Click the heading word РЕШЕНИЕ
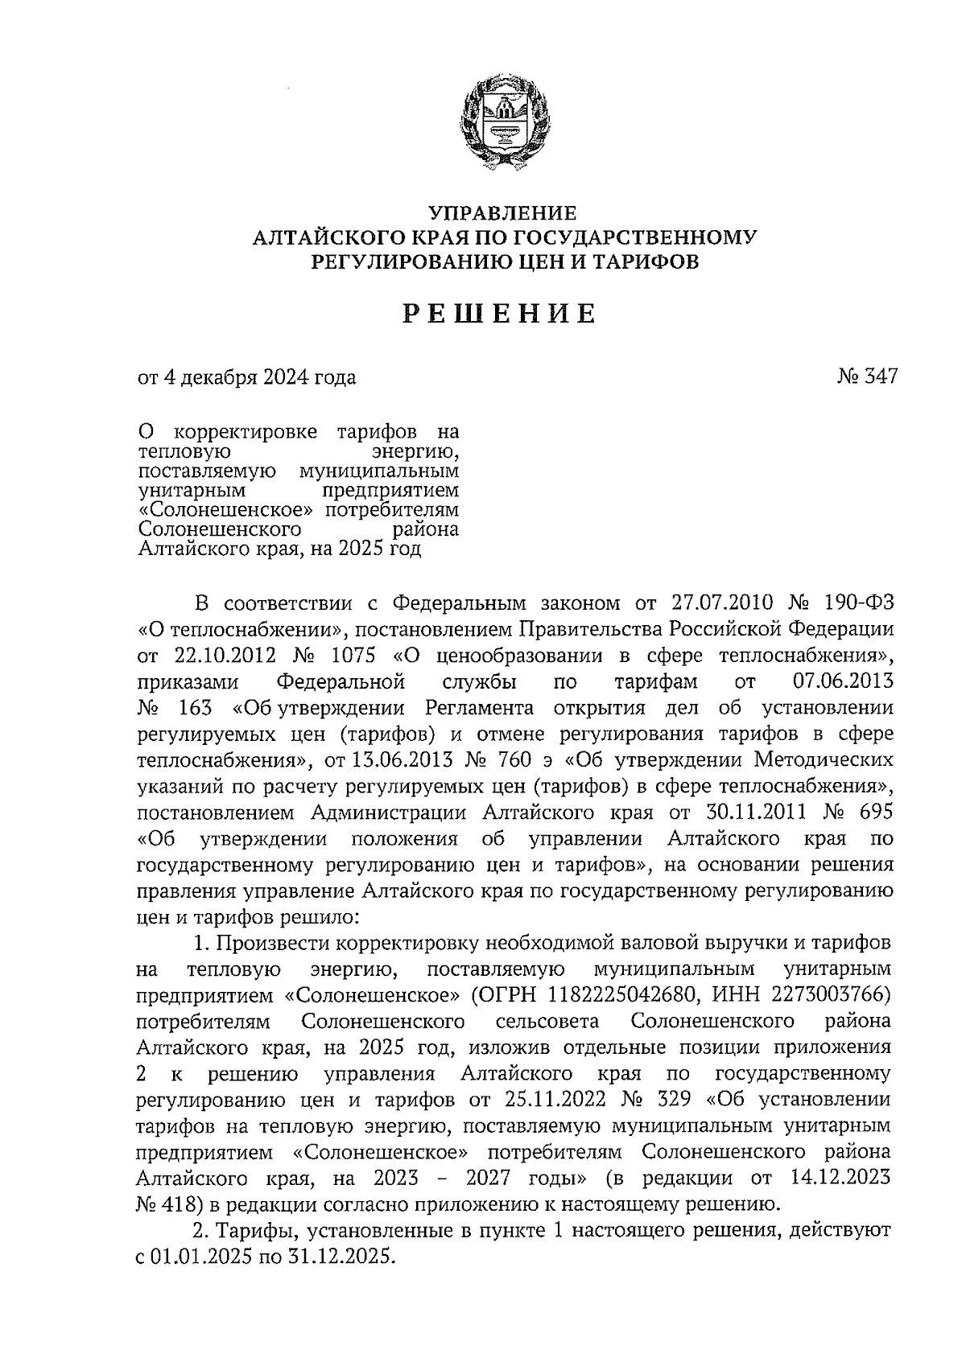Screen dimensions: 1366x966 click(499, 314)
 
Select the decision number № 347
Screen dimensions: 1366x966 click(868, 376)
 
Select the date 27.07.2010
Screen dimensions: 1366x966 click(720, 603)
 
